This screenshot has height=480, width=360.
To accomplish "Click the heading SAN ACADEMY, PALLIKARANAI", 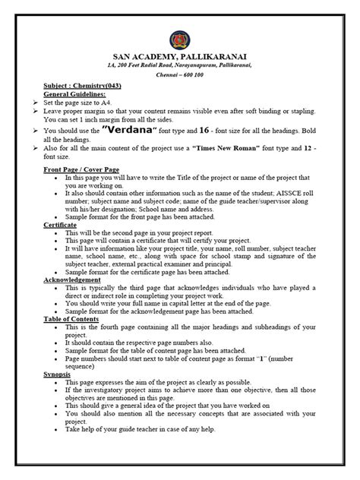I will [x=180, y=56].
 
